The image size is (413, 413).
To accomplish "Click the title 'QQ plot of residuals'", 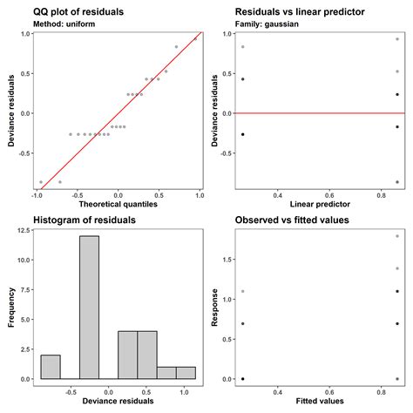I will (x=78, y=11).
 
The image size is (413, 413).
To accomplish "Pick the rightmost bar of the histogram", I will (x=186, y=373).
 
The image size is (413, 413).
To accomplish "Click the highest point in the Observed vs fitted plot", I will (x=397, y=236).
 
